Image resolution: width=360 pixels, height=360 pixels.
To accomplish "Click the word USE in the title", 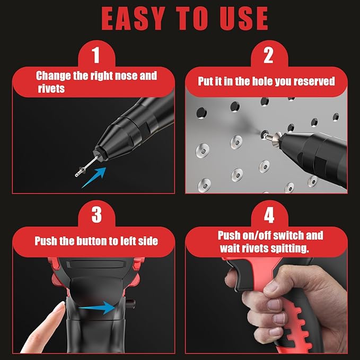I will (238, 19).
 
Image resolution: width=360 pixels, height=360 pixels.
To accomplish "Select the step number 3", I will (95, 215).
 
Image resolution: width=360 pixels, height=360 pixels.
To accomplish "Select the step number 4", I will (269, 215).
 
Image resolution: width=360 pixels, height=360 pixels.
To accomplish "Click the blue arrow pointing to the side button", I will (99, 307).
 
